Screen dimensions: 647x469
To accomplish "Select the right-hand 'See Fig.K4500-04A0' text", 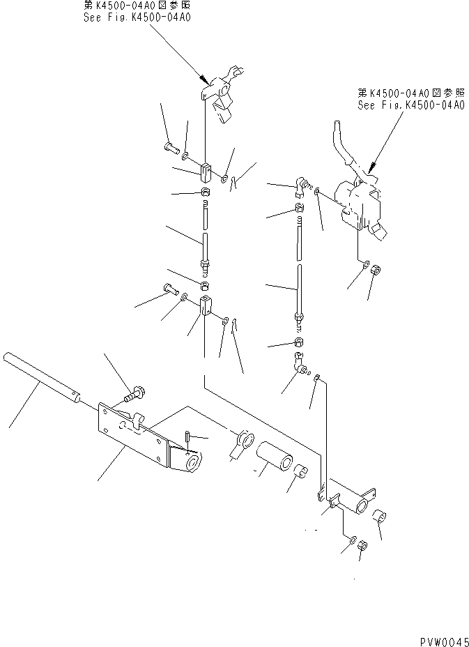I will click(410, 105).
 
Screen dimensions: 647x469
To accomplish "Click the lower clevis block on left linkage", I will click(206, 305).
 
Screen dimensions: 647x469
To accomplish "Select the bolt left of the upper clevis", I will click(171, 147).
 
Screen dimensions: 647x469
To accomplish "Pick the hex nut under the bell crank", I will click(362, 549).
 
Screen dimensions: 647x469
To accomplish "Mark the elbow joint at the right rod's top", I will click(300, 183).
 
